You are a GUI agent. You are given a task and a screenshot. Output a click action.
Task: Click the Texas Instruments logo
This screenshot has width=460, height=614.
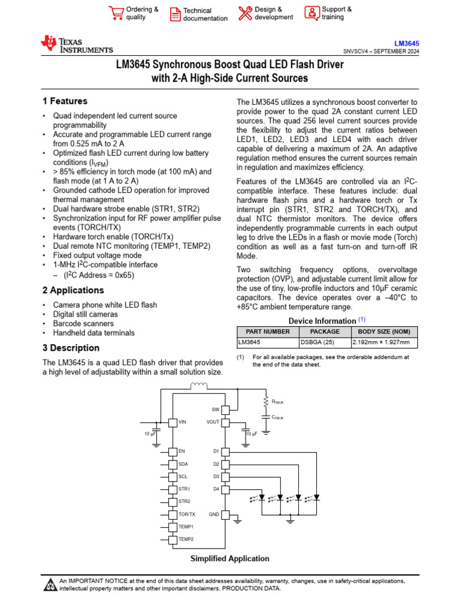click(76, 44)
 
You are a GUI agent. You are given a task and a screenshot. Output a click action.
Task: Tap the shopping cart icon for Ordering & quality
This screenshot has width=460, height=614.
click(116, 13)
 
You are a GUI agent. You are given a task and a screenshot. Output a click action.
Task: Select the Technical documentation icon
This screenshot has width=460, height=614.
click(174, 14)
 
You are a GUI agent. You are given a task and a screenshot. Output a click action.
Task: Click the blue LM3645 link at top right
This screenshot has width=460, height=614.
click(406, 44)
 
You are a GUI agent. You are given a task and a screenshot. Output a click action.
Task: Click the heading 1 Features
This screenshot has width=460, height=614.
click(65, 101)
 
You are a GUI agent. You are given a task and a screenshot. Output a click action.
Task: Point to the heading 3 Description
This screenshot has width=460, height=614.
click(71, 348)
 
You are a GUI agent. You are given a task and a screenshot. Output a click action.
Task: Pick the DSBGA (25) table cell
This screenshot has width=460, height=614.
click(315, 342)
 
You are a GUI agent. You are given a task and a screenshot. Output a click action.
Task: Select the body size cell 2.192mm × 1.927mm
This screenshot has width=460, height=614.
click(382, 342)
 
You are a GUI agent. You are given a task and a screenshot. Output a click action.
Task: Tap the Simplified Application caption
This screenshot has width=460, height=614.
click(230, 558)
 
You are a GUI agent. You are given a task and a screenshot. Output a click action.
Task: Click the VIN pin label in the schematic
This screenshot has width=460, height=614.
click(183, 422)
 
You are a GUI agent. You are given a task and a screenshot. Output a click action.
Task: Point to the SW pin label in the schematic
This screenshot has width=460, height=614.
click(216, 410)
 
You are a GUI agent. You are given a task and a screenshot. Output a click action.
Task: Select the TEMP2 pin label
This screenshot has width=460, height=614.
click(186, 539)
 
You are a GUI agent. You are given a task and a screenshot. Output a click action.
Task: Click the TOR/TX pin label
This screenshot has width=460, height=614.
click(187, 514)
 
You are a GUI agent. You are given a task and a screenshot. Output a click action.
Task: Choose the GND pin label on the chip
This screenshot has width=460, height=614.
click(214, 514)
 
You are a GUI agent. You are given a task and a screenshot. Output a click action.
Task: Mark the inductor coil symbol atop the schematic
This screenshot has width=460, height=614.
click(199, 386)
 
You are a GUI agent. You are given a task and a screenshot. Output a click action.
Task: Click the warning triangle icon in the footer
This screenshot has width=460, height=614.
click(50, 585)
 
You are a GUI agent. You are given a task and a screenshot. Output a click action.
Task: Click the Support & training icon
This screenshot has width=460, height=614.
click(311, 13)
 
